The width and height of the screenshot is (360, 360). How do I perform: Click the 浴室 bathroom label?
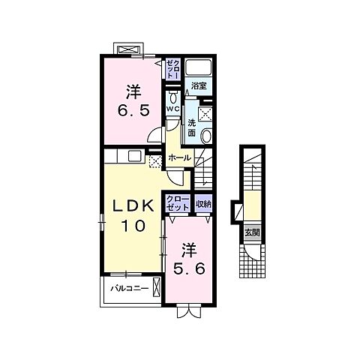tap(199, 86)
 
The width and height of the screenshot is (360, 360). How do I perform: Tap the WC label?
tap(173, 109)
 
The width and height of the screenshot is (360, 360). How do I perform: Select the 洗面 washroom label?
tap(192, 128)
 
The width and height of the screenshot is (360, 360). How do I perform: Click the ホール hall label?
tap(180, 158)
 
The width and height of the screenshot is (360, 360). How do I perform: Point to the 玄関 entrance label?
tap(252, 232)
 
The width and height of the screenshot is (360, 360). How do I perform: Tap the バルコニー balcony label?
tap(130, 289)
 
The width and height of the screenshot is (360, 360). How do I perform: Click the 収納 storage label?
tap(203, 204)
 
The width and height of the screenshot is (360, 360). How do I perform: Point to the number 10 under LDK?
tap(133, 226)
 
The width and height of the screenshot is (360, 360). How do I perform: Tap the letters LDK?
tap(133, 206)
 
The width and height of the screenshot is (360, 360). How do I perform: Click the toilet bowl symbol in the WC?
tap(173, 97)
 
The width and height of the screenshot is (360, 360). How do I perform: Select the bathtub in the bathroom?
tap(199, 67)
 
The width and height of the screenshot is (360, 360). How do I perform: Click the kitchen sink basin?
tap(135, 156)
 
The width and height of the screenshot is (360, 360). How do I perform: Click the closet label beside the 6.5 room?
tap(173, 69)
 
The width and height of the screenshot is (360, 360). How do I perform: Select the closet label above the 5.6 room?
tap(178, 204)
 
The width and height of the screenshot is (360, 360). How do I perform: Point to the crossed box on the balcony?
tap(156, 287)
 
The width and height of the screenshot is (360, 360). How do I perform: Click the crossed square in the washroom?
tap(206, 115)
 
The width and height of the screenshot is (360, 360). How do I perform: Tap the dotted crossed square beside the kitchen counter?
tap(155, 161)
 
